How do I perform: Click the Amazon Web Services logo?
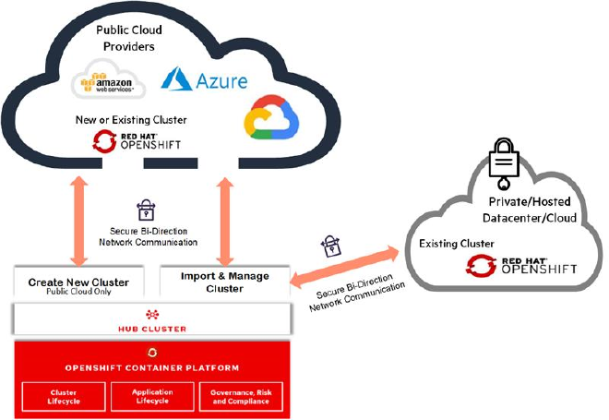coord(108,79)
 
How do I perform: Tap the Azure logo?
coord(204,79)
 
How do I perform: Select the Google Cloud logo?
coord(271,117)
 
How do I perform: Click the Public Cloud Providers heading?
coord(129,38)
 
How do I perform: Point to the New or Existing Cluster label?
coord(131,120)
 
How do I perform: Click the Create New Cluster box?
coord(78,282)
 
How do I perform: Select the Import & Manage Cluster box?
coord(225,282)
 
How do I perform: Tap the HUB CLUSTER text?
coord(152,330)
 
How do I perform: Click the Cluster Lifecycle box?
coord(64,397)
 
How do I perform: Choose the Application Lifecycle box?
coord(152,397)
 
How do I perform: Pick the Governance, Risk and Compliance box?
coord(241,397)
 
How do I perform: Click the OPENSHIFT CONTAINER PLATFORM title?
coord(152,368)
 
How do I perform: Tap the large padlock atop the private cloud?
coord(504,163)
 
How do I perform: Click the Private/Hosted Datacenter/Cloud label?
coord(530,210)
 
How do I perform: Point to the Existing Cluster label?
coord(457,244)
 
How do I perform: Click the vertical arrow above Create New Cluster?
coord(79,221)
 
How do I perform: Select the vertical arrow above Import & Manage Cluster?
coord(225,222)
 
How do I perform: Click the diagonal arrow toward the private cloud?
coord(344,267)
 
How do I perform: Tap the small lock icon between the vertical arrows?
coord(146,210)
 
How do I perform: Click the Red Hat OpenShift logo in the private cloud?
coord(521,266)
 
